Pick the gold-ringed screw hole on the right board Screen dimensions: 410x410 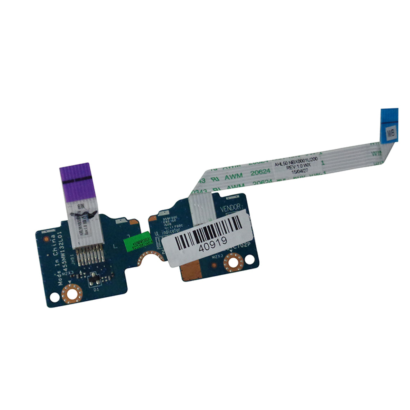click(x=233, y=261)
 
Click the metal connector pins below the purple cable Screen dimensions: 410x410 click(x=88, y=256)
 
